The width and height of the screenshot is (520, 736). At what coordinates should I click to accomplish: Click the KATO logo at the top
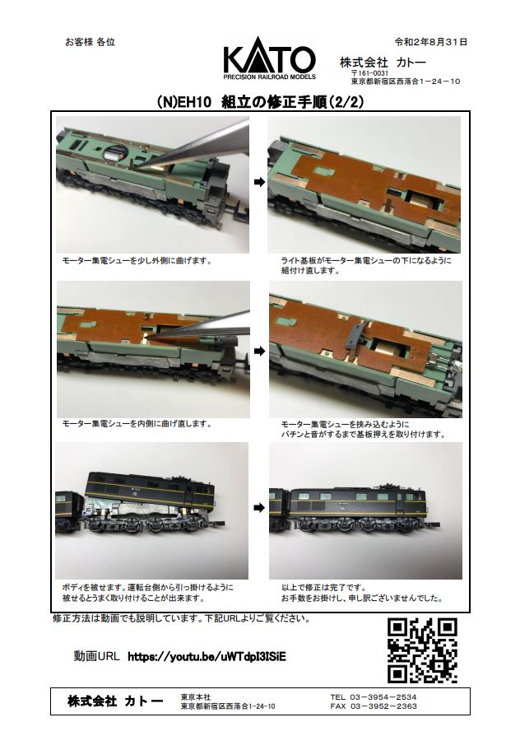[269, 58]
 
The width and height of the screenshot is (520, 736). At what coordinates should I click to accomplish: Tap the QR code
[422, 650]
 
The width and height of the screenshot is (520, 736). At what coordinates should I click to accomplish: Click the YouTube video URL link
[207, 656]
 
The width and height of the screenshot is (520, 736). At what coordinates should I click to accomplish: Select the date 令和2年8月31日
[431, 42]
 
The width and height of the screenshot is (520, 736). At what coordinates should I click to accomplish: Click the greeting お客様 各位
[90, 42]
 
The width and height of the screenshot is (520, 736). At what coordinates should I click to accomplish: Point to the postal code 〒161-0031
[369, 74]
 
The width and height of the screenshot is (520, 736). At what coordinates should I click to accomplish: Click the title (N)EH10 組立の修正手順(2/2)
[261, 102]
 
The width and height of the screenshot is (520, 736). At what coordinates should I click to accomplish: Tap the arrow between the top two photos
[259, 182]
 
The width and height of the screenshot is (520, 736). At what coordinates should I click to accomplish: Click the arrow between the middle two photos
[259, 351]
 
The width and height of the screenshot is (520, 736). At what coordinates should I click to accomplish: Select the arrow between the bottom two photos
[259, 507]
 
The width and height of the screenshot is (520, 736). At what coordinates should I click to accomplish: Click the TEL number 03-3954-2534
[383, 697]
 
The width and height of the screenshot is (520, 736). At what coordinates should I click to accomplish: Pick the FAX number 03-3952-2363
[383, 706]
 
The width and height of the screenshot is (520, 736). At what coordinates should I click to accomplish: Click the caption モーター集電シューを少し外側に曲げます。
[137, 260]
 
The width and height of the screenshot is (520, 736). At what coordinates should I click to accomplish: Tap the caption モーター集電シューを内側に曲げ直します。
[137, 424]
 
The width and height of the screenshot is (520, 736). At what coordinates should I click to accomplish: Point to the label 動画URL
[97, 656]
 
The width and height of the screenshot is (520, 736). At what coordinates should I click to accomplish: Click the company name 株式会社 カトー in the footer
[115, 701]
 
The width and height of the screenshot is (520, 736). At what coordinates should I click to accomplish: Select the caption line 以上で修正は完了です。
[324, 588]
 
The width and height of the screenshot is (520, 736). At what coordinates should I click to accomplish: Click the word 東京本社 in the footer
[196, 697]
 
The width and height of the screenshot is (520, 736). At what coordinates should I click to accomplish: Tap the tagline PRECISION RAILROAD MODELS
[269, 77]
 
